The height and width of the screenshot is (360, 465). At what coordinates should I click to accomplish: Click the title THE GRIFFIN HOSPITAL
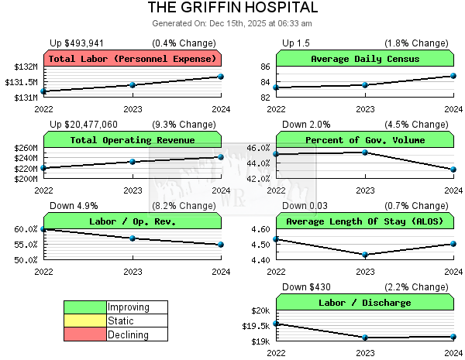pyautogui.click(x=232, y=8)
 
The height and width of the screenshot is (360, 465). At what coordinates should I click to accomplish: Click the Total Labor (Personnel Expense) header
pyautogui.click(x=133, y=59)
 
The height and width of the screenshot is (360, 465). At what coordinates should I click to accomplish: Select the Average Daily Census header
pyautogui.click(x=365, y=59)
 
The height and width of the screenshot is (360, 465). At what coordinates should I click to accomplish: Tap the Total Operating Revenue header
pyautogui.click(x=133, y=140)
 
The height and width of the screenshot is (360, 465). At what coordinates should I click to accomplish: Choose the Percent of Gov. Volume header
pyautogui.click(x=365, y=140)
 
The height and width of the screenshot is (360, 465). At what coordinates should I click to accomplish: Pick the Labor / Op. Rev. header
pyautogui.click(x=133, y=221)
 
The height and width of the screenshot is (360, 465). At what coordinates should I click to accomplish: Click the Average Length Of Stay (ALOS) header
pyautogui.click(x=365, y=221)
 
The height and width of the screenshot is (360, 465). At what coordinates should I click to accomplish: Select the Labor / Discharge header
pyautogui.click(x=365, y=303)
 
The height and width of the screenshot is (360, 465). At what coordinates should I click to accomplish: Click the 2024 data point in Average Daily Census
pyautogui.click(x=453, y=76)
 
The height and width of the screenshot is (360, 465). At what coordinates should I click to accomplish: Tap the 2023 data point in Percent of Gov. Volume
pyautogui.click(x=365, y=152)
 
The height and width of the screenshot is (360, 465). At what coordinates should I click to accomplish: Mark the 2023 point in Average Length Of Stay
pyautogui.click(x=365, y=254)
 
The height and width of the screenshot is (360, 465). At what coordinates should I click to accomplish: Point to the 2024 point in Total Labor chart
pyautogui.click(x=221, y=76)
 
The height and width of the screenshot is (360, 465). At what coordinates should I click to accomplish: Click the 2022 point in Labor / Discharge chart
pyautogui.click(x=277, y=324)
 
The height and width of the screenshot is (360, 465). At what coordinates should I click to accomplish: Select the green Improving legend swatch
pyautogui.click(x=85, y=307)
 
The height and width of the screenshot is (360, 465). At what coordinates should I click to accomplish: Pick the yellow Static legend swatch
pyautogui.click(x=85, y=321)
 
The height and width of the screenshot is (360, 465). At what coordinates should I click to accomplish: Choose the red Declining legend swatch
pyautogui.click(x=85, y=334)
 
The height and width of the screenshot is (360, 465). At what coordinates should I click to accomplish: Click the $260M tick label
pyautogui.click(x=26, y=148)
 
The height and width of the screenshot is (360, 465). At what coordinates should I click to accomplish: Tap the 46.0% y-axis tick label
pyautogui.click(x=258, y=148)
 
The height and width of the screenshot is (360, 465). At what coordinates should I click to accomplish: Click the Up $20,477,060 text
pyautogui.click(x=84, y=124)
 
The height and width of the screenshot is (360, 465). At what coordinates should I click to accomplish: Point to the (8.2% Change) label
pyautogui.click(x=184, y=205)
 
